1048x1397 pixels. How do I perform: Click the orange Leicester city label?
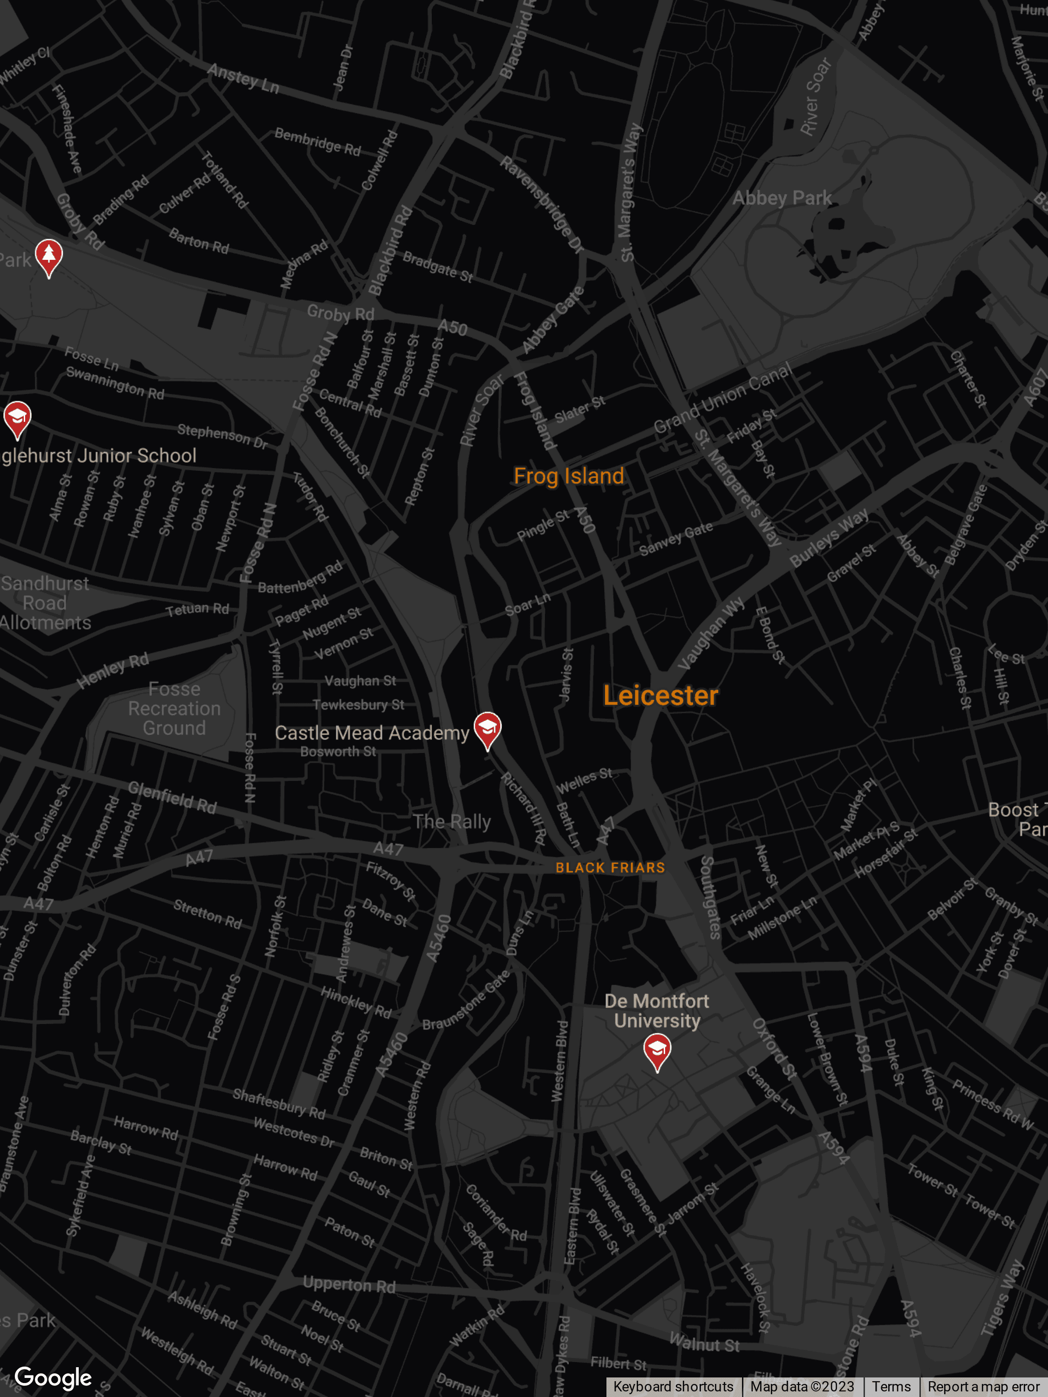pyautogui.click(x=660, y=695)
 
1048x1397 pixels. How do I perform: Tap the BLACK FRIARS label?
pyautogui.click(x=610, y=868)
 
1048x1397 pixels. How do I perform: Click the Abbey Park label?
pyautogui.click(x=782, y=198)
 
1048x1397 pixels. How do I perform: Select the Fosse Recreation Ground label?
pyautogui.click(x=174, y=709)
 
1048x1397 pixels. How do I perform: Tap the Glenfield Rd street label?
pyautogui.click(x=172, y=798)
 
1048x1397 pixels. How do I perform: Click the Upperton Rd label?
pyautogui.click(x=349, y=1285)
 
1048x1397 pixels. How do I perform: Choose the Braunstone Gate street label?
pyautogui.click(x=466, y=1002)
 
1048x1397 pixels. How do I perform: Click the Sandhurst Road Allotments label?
pyautogui.click(x=45, y=603)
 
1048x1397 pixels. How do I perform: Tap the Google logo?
pyautogui.click(x=53, y=1377)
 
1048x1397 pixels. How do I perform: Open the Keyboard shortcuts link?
pyautogui.click(x=674, y=1386)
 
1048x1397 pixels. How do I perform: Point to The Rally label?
pyautogui.click(x=452, y=821)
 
